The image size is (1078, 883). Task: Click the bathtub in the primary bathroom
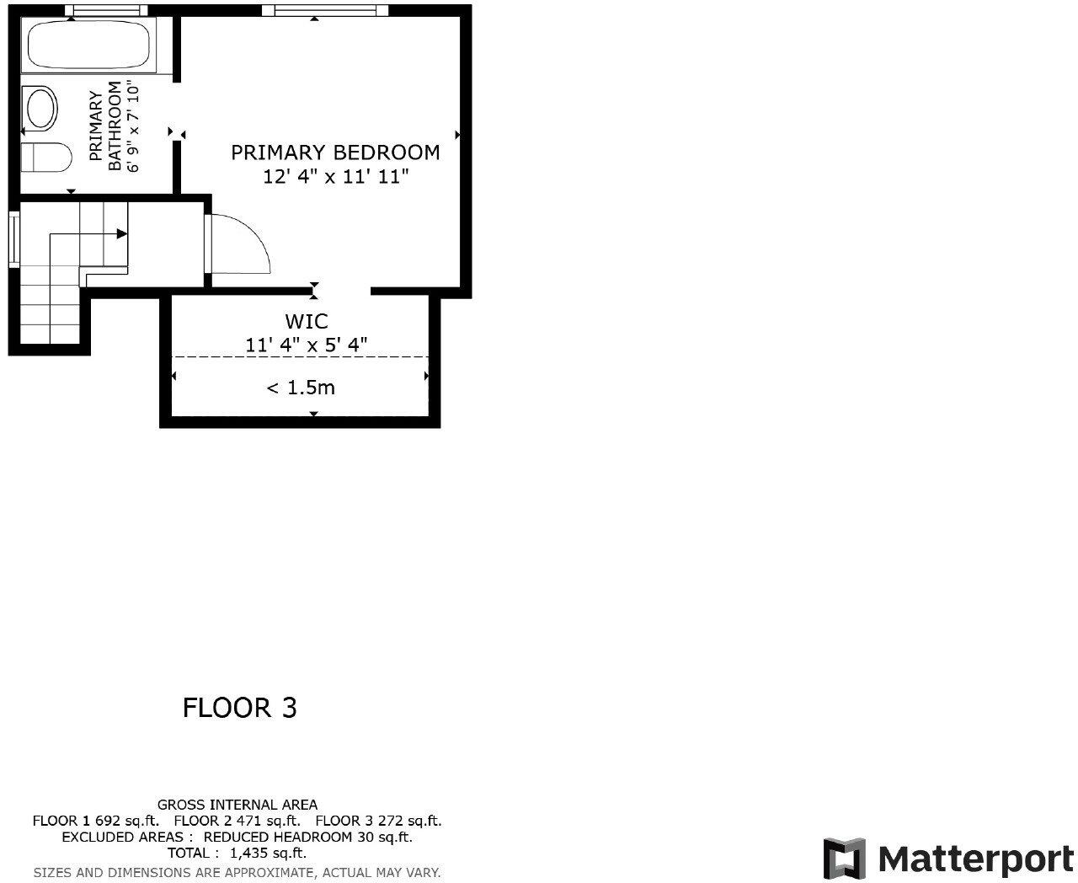(88, 46)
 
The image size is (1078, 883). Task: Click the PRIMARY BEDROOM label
(335, 153)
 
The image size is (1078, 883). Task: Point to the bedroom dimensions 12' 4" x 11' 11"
(335, 177)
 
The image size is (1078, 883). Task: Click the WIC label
(306, 321)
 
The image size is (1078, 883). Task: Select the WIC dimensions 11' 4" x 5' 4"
(306, 345)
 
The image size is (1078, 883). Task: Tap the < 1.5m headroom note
(301, 388)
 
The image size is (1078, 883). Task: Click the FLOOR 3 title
(239, 708)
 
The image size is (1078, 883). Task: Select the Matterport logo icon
(844, 859)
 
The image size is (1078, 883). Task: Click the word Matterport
(975, 859)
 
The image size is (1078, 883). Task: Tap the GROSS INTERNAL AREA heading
(237, 805)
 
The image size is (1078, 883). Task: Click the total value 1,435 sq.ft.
(268, 854)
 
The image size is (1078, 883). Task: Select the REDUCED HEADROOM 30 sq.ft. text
(307, 838)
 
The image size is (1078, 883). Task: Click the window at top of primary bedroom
(324, 10)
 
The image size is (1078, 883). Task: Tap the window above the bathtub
(105, 10)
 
